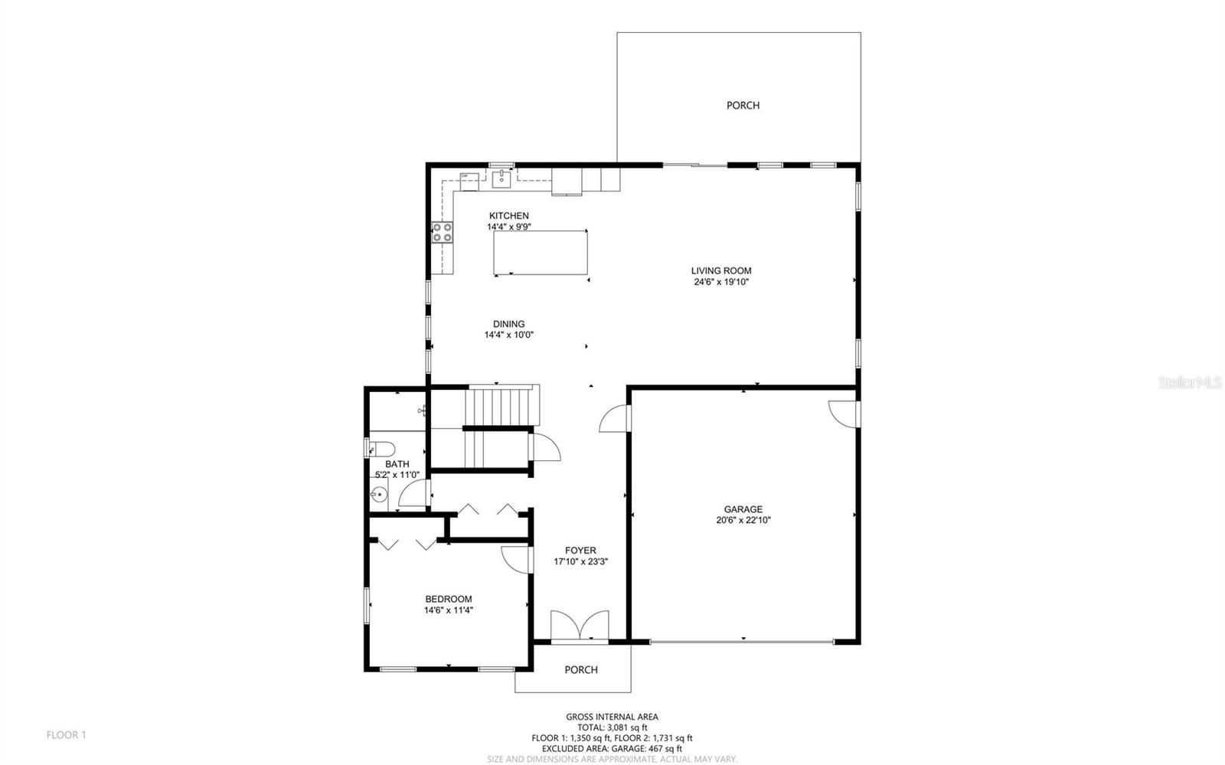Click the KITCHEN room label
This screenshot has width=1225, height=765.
click(x=508, y=216)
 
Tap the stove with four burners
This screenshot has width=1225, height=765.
click(x=443, y=232)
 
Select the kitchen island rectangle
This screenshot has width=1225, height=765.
click(x=541, y=252)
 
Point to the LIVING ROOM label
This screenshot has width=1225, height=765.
click(x=721, y=270)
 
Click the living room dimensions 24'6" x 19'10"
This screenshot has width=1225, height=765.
click(x=721, y=282)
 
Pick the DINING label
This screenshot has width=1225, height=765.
click(x=508, y=324)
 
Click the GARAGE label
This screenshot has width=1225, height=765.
click(x=743, y=509)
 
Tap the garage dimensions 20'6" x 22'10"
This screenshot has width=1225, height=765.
click(x=743, y=521)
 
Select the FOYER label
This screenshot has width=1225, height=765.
click(x=580, y=551)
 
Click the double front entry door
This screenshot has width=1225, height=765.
click(x=580, y=625)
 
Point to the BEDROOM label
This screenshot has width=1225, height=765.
click(x=449, y=599)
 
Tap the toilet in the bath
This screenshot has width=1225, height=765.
click(x=381, y=448)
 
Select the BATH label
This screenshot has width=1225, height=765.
click(x=397, y=464)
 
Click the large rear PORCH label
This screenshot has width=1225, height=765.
click(x=743, y=106)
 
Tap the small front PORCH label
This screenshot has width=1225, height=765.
click(x=580, y=670)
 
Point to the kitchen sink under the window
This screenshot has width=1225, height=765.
click(x=501, y=179)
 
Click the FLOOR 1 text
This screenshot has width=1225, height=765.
click(x=67, y=735)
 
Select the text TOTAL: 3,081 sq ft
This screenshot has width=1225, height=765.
click(x=612, y=727)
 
